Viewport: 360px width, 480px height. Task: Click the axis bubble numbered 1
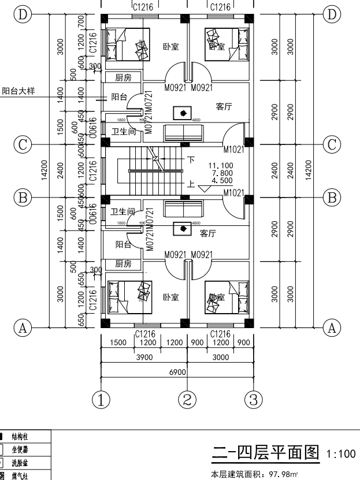coord(102,399)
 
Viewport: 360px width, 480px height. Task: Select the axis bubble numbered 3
coord(254,399)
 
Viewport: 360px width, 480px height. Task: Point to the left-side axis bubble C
coord(23,144)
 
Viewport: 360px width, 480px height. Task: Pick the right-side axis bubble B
coord(331,198)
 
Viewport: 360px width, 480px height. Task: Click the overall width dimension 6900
coord(177,373)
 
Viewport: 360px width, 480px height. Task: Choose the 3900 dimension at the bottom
coord(144,358)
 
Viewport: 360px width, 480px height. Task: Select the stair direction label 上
coord(191,184)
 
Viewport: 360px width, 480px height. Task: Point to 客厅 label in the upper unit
coord(224,106)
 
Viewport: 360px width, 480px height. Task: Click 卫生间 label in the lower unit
coord(123,212)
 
